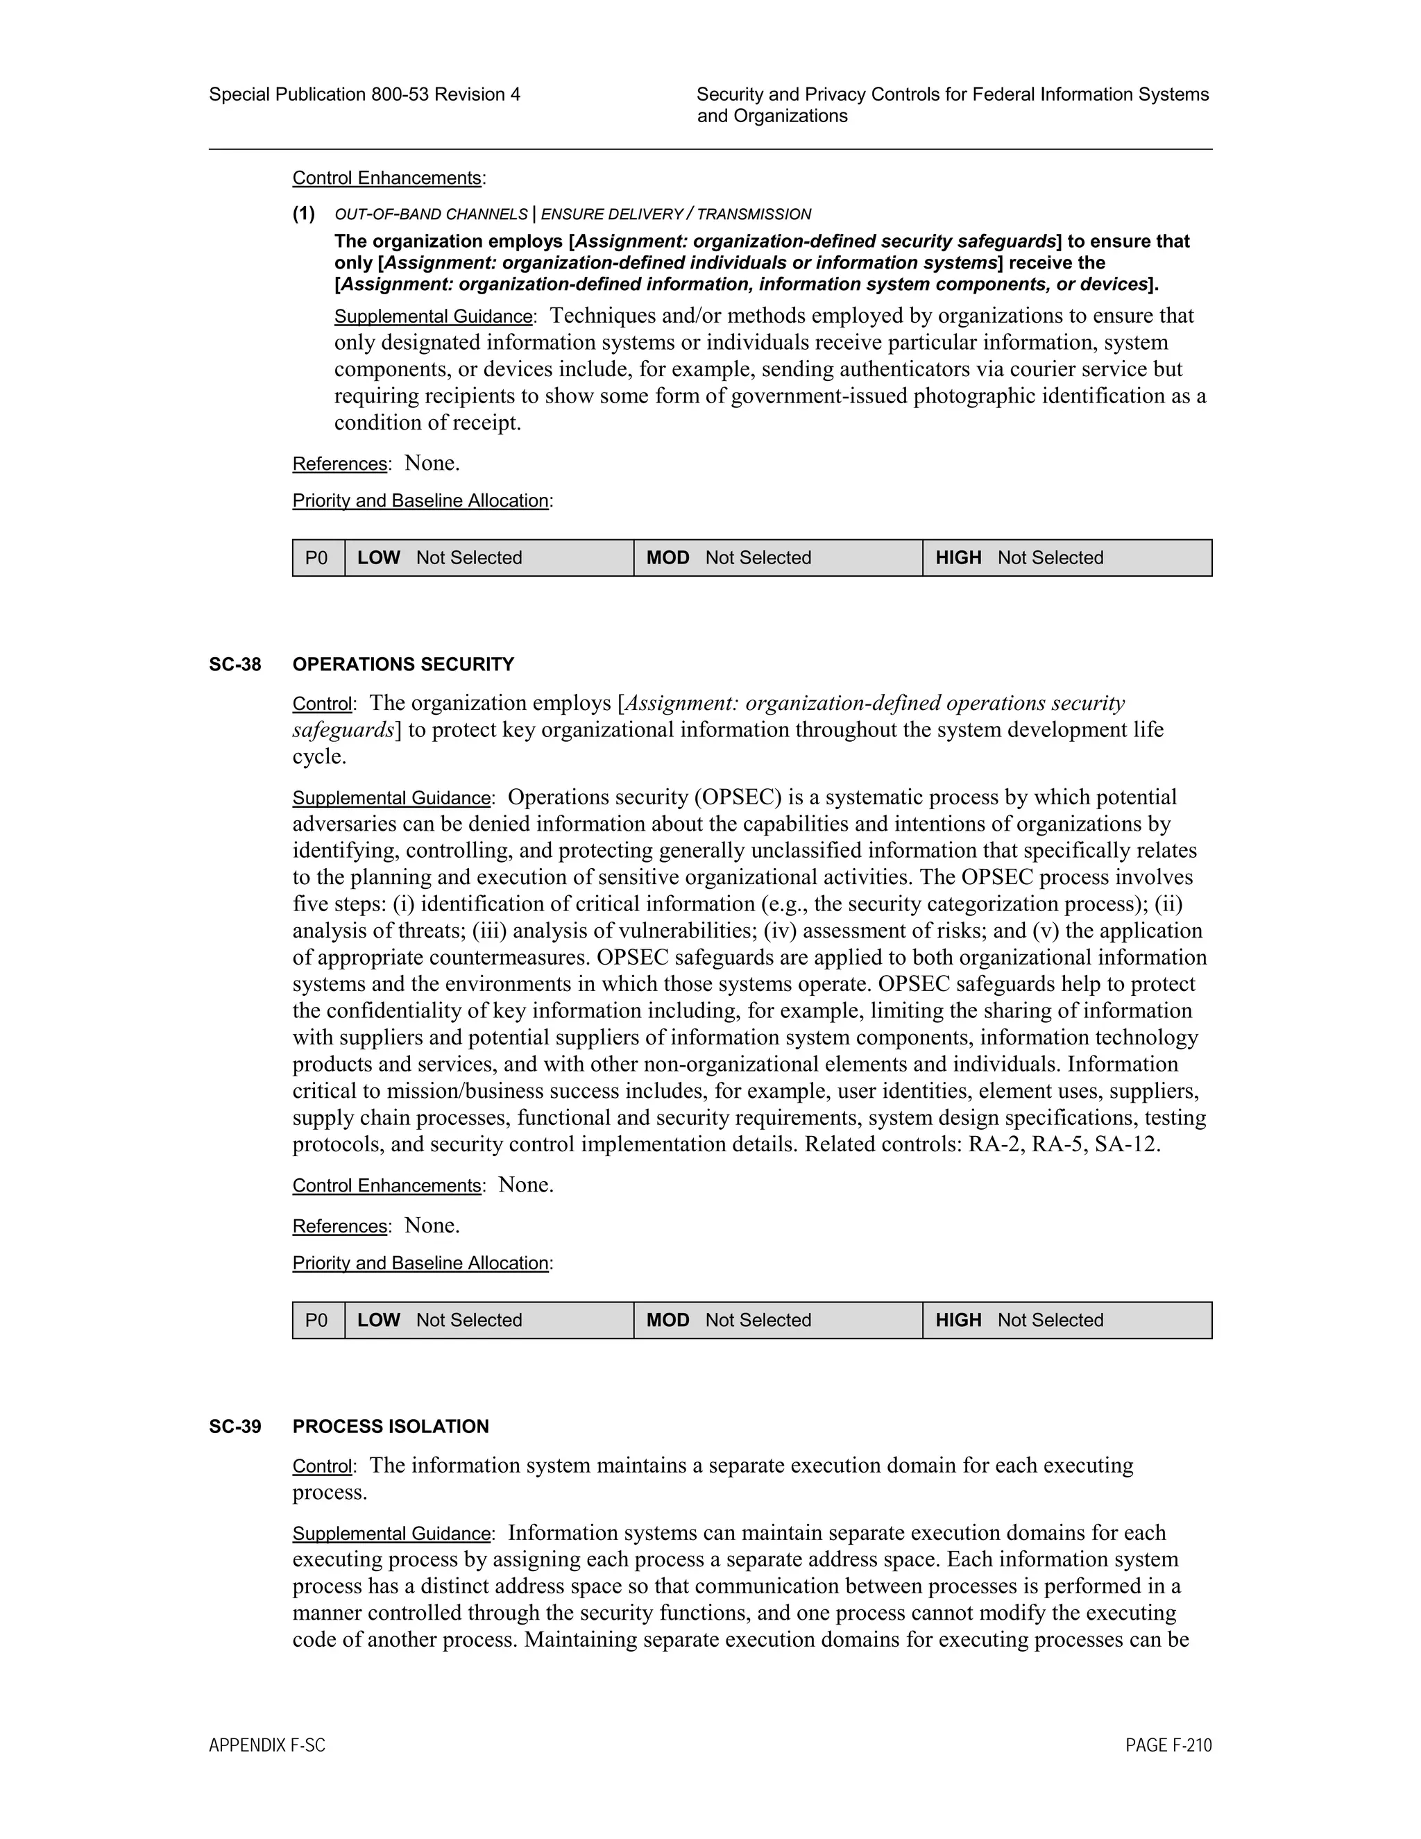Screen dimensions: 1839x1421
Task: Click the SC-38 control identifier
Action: pos(235,664)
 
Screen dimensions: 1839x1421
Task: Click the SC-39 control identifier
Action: pos(235,1426)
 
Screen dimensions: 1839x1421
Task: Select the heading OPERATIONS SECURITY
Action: pos(403,664)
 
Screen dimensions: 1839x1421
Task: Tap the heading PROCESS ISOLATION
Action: pos(391,1426)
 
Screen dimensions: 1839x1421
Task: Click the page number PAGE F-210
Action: pos(1168,1745)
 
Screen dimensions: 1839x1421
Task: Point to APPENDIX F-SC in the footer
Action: pos(267,1745)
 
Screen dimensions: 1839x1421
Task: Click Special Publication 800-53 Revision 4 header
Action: pos(364,94)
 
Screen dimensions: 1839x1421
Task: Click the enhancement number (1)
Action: pos(304,214)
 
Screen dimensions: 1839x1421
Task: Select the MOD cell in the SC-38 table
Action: pos(778,1321)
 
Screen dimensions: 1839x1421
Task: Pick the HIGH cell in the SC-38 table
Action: pos(1066,1321)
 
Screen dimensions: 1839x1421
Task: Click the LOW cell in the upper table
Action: pos(489,557)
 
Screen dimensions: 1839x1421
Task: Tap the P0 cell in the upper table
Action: pos(317,557)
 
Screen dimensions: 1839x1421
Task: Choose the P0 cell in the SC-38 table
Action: pos(317,1321)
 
